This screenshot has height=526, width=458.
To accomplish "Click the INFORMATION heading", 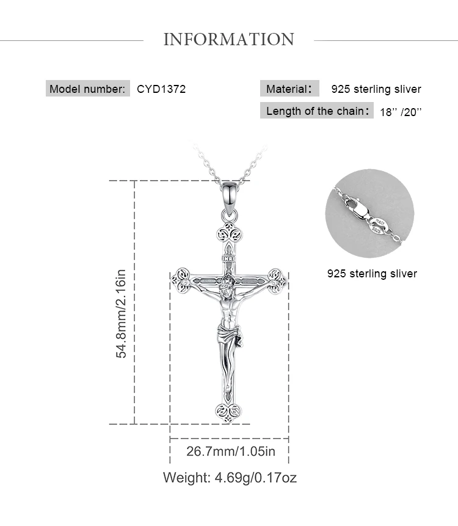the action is click(x=228, y=39).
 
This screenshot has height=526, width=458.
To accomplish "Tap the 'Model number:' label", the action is click(x=87, y=89).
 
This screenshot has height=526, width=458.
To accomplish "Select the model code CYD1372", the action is click(x=161, y=89).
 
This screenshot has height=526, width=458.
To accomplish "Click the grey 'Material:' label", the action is click(x=289, y=89).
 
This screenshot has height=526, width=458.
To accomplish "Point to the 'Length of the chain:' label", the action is click(x=316, y=111).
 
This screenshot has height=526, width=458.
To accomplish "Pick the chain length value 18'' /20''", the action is click(x=401, y=112).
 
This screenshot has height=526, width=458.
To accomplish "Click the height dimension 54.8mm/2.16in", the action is click(x=121, y=313).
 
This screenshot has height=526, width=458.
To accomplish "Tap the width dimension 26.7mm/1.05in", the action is click(x=231, y=451).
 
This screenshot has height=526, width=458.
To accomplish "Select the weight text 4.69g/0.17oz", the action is click(x=255, y=477).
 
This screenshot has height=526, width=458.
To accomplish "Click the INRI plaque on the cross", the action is click(x=229, y=258).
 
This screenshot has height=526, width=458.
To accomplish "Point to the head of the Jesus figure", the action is click(x=227, y=284).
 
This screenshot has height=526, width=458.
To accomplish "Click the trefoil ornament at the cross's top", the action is click(x=230, y=233).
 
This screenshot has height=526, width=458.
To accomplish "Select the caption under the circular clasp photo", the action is click(x=372, y=274).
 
